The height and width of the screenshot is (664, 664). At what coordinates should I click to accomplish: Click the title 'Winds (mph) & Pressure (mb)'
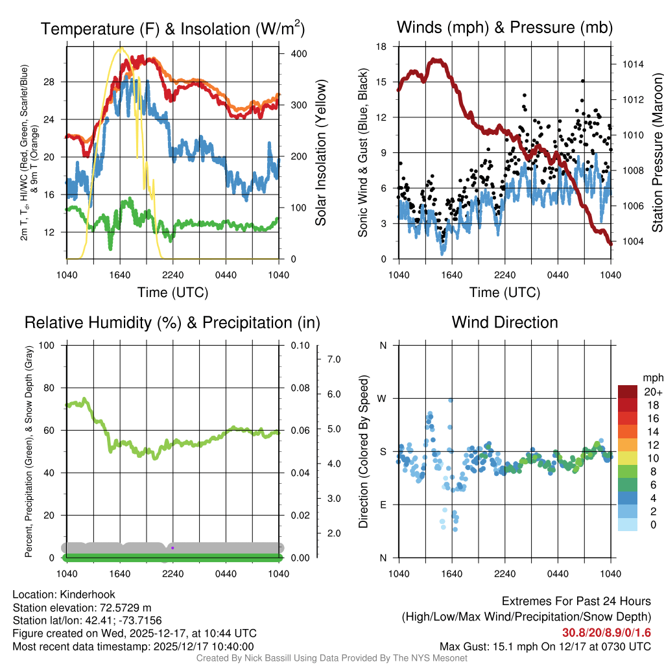(504, 28)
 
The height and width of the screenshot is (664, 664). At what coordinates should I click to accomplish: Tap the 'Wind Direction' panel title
(504, 322)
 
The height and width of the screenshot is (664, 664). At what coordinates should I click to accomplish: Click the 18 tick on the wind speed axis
(382, 47)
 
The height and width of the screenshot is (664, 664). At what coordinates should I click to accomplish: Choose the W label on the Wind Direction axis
(383, 398)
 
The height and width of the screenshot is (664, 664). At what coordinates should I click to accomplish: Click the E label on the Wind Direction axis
(383, 504)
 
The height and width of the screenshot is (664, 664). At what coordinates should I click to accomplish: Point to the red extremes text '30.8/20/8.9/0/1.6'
(606, 633)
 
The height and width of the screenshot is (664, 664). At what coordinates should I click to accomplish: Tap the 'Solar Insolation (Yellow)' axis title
(321, 153)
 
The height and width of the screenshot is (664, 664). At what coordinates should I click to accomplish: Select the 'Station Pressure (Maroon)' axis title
(656, 153)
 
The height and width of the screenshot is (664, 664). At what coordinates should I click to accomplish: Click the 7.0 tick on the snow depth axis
(333, 359)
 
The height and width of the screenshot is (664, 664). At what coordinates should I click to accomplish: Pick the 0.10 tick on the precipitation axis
(299, 345)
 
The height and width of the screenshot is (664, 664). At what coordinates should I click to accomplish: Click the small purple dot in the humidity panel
(172, 548)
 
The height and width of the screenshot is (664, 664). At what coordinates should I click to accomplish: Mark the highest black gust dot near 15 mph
(583, 81)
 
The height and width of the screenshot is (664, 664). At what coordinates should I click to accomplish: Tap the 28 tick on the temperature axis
(56, 82)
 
